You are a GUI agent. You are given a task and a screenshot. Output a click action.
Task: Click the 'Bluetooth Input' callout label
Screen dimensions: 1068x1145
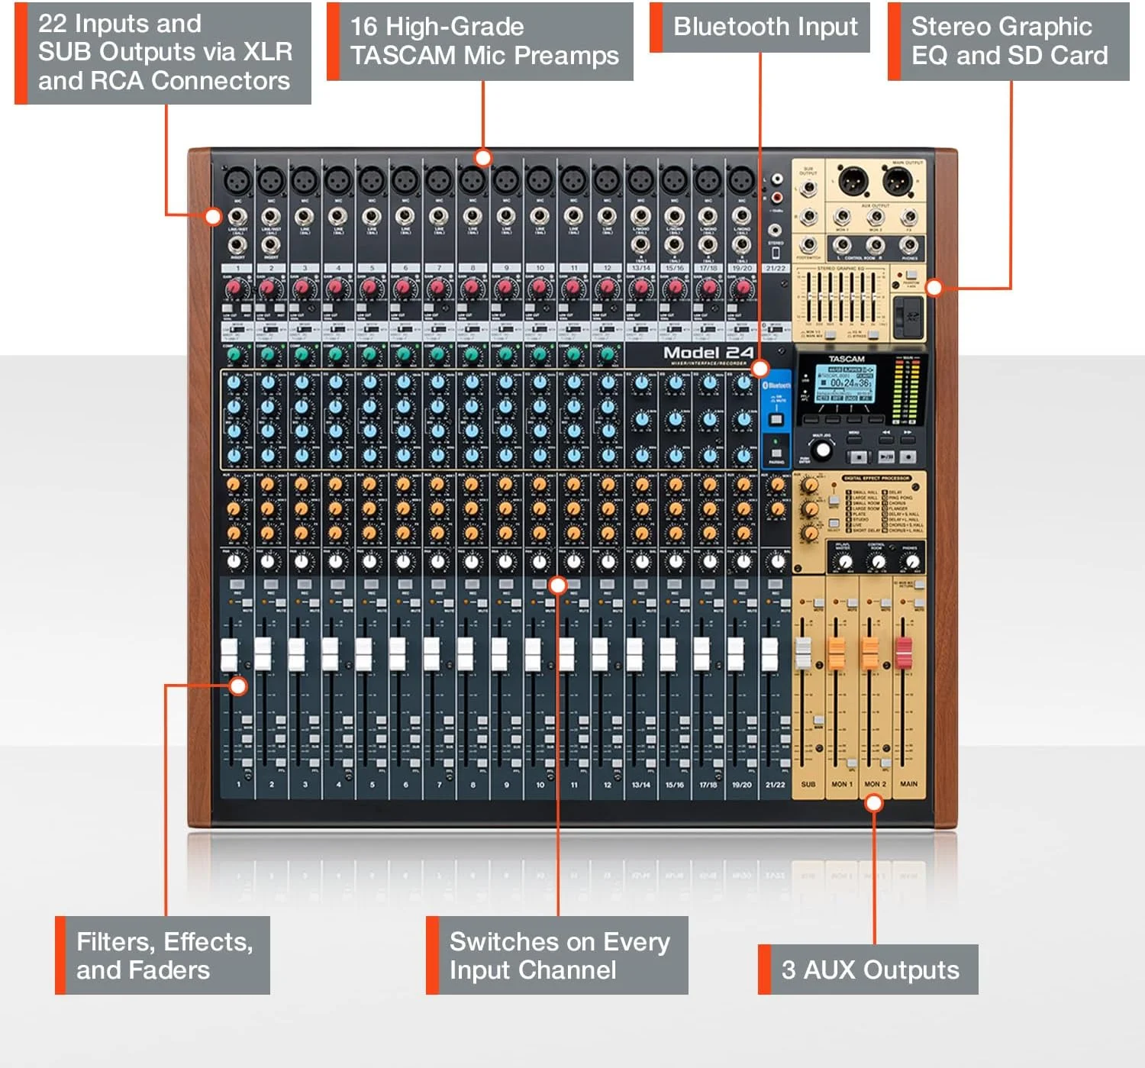765,27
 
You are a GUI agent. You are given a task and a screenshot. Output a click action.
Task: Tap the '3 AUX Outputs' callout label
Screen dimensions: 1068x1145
869,970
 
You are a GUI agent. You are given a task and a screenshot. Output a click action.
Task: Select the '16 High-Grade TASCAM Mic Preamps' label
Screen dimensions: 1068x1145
484,41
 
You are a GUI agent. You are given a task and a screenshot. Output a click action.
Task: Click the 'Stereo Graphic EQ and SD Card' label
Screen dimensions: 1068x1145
1009,41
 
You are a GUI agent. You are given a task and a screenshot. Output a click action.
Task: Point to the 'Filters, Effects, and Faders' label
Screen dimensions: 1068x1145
164,955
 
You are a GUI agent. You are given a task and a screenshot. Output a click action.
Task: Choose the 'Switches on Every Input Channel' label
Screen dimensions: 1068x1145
559,955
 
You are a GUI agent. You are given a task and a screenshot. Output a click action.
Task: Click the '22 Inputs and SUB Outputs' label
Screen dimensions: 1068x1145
164,52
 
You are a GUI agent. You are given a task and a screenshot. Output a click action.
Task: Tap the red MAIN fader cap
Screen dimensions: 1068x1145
904,653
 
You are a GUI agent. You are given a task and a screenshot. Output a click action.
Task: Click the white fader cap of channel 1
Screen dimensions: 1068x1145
229,654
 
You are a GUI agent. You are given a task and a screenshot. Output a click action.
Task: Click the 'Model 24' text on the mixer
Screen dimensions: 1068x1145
708,353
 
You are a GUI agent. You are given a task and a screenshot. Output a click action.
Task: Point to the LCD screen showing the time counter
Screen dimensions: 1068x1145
845,382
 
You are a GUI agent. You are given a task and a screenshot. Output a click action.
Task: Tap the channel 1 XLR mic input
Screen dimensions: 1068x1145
237,182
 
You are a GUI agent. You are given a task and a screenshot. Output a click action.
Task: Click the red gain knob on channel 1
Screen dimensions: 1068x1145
235,289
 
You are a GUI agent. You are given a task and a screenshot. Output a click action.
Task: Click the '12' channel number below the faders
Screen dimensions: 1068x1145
608,785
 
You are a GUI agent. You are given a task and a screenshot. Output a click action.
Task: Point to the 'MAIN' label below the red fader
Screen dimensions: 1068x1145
908,784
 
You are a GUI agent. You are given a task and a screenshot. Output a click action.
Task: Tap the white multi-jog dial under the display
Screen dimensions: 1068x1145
822,450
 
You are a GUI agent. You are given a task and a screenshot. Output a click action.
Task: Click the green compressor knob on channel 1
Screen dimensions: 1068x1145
235,355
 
